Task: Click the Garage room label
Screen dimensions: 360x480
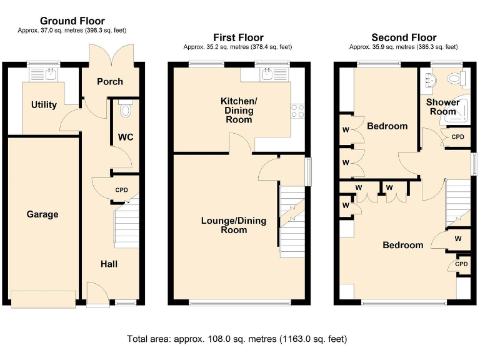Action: point(42,214)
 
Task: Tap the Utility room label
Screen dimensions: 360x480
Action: point(44,105)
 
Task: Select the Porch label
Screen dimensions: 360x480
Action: point(110,81)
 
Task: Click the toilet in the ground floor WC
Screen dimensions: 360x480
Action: point(126,110)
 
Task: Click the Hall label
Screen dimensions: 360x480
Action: point(109,264)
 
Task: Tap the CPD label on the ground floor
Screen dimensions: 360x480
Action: point(121,191)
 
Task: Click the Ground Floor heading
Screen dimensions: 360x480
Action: point(72,21)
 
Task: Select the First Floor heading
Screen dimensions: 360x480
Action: point(238,37)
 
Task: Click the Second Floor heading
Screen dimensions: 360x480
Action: point(404,37)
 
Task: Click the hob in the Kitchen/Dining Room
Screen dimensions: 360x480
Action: point(297,111)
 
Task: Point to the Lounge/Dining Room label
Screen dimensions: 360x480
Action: point(233,225)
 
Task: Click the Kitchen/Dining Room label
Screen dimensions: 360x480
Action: point(238,110)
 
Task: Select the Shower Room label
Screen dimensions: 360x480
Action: point(442,107)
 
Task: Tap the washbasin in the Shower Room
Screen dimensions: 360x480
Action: point(430,79)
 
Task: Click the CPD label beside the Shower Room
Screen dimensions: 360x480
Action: point(457,137)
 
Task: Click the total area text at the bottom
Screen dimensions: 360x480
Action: point(237,339)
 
